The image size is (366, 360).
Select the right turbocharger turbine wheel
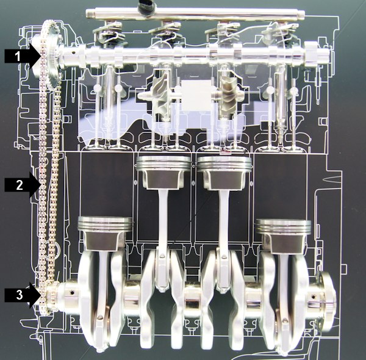tap(228, 95)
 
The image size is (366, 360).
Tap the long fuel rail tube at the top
tap(195, 13)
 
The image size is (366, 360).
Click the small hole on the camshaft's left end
tap(74, 52)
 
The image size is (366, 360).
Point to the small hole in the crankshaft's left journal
tap(73, 292)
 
